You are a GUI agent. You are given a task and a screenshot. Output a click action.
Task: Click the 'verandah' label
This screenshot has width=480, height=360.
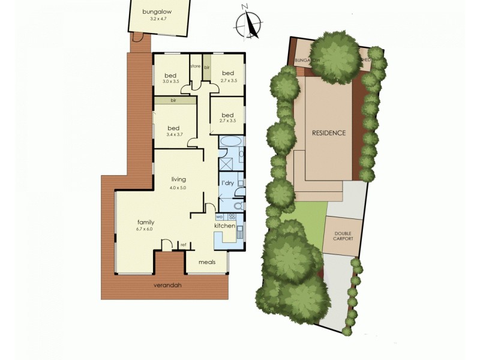pyautogui.click(x=167, y=285)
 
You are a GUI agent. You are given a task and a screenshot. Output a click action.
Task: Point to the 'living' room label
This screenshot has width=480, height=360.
pyautogui.click(x=178, y=179)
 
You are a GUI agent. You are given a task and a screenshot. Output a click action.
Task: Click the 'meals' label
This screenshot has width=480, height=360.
pyautogui.click(x=207, y=262)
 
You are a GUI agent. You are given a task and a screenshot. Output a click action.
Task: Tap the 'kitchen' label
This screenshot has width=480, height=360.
pyautogui.click(x=225, y=226)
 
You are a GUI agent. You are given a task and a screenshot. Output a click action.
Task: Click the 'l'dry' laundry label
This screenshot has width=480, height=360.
pyautogui.click(x=227, y=182)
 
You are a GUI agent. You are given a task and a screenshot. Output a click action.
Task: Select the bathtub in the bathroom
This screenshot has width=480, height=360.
pyautogui.click(x=230, y=143)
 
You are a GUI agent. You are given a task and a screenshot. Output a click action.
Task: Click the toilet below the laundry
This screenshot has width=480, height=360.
pyautogui.click(x=238, y=205)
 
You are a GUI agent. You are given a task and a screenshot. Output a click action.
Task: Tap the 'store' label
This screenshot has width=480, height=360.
pyautogui.click(x=195, y=66)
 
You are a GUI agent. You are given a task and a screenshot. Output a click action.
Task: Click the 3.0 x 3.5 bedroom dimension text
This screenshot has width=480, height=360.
pyautogui.click(x=171, y=81)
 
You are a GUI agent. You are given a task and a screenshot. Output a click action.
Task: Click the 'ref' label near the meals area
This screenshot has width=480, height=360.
pyautogui.click(x=183, y=245)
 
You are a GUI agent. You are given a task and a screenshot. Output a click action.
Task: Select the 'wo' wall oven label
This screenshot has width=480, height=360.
pyautogui.click(x=219, y=217)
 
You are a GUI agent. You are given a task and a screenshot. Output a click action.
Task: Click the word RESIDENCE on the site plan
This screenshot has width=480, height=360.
pyautogui.click(x=329, y=133)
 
